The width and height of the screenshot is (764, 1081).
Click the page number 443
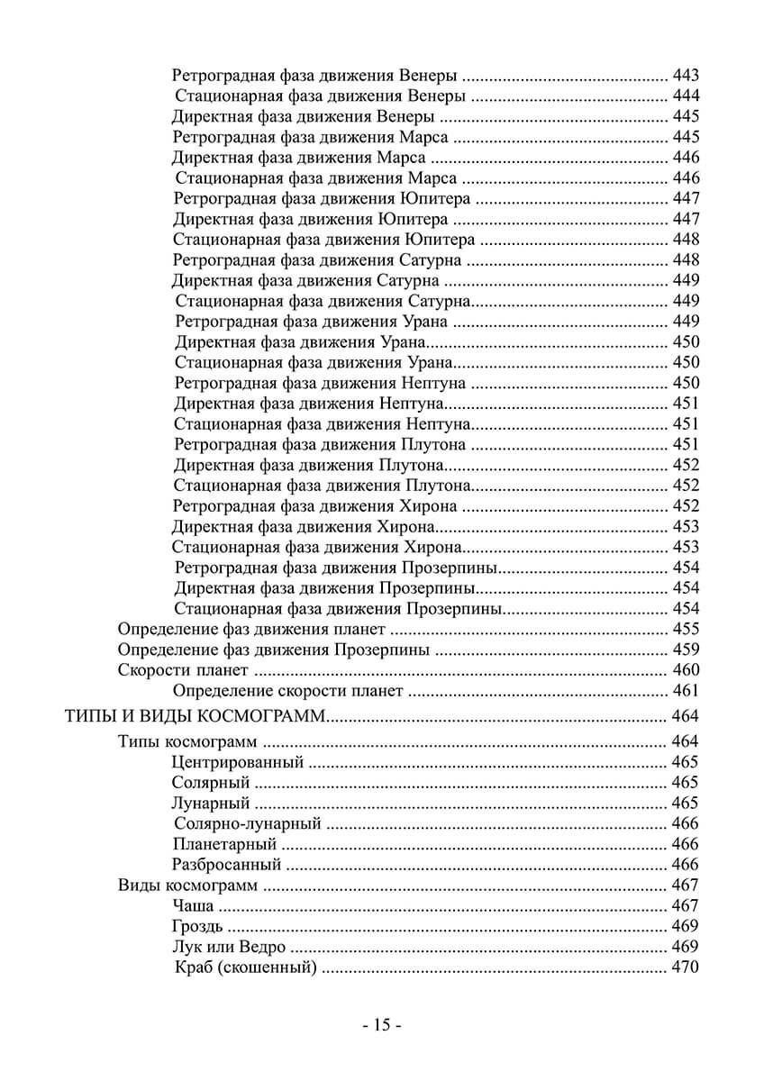[686, 75]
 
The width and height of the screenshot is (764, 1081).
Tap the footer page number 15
[381, 1025]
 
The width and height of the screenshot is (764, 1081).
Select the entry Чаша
[192, 906]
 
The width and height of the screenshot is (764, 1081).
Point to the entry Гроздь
[197, 927]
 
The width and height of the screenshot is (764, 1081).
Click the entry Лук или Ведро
[229, 947]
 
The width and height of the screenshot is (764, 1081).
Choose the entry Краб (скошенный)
[246, 968]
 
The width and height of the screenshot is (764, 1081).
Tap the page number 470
[686, 968]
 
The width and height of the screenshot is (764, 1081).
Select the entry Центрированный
[237, 762]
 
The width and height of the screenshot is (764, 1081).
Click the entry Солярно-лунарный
[248, 823]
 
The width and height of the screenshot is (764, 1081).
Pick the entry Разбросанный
[227, 865]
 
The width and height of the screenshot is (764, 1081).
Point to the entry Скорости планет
[183, 670]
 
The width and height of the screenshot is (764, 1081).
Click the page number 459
[686, 650]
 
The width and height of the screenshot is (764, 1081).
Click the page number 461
[686, 691]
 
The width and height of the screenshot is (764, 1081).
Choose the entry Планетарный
[223, 844]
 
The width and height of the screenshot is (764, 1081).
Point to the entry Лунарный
[211, 803]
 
